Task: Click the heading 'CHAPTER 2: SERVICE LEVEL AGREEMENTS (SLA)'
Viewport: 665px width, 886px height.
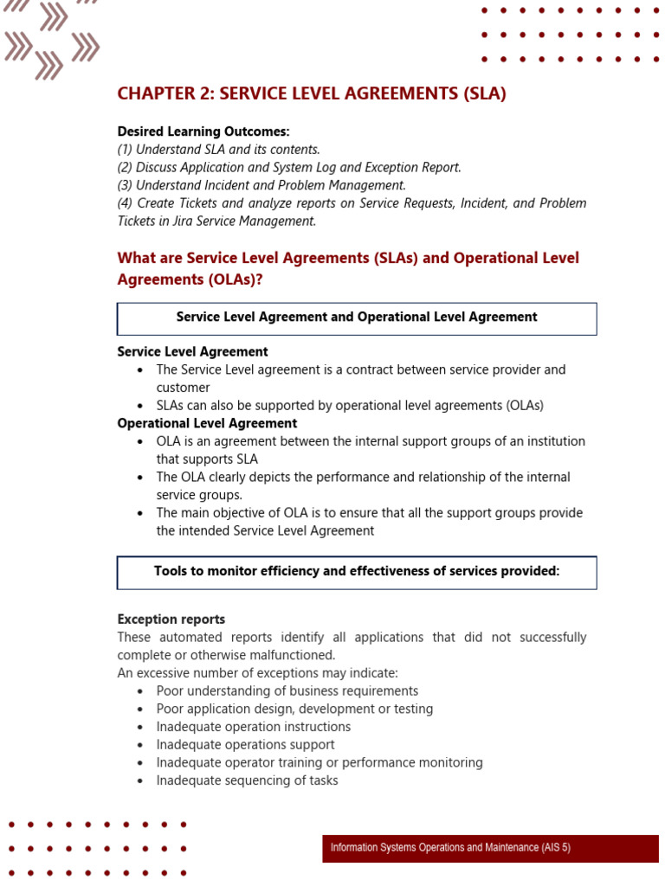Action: (312, 93)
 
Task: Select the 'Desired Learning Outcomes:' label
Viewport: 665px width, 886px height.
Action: (203, 132)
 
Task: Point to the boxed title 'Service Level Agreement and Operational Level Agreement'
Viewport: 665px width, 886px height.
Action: (357, 318)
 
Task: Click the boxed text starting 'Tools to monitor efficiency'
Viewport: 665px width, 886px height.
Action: (357, 571)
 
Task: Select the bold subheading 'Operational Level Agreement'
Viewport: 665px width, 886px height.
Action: (207, 424)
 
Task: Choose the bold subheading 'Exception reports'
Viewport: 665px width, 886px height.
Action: (171, 620)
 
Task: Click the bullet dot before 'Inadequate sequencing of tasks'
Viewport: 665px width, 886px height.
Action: (140, 781)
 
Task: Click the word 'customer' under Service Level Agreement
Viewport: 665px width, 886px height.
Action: (183, 388)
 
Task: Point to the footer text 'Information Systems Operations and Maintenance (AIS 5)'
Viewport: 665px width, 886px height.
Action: (450, 848)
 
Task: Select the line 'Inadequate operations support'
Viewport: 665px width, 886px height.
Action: (245, 745)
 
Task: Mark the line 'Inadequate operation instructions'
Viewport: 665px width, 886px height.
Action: (253, 727)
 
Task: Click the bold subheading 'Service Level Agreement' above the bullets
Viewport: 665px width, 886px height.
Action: (192, 352)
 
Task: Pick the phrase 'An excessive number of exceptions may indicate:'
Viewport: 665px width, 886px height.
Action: (257, 673)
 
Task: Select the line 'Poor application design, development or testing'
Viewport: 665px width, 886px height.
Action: (294, 709)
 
